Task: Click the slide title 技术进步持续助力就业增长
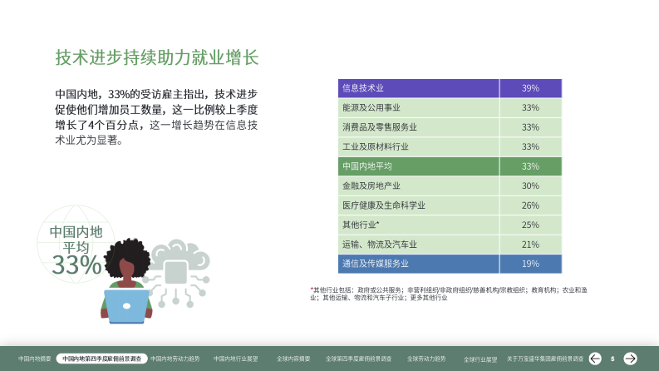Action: tap(157, 57)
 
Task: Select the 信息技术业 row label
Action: tap(362, 88)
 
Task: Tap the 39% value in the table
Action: tap(530, 88)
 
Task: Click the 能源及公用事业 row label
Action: tap(371, 108)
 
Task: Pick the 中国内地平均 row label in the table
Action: tap(366, 166)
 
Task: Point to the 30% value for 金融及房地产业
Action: tap(530, 186)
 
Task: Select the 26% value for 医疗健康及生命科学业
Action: tap(530, 205)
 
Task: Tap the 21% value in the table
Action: tap(530, 245)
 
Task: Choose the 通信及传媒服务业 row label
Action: tap(375, 264)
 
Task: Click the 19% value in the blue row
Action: tap(530, 264)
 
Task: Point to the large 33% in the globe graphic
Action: tap(76, 265)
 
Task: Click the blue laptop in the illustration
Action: tap(126, 306)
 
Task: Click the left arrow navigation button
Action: tap(595, 359)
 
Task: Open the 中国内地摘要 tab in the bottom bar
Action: tap(35, 359)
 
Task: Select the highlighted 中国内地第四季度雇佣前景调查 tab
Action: tap(101, 359)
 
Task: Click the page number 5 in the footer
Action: tap(612, 359)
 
